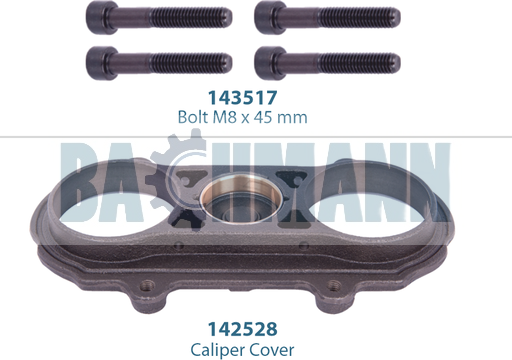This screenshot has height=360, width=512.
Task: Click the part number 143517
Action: [242, 98]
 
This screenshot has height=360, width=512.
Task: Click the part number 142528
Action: [242, 329]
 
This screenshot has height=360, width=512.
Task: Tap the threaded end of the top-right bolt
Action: [359, 17]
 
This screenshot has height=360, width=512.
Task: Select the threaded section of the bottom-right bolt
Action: [359, 63]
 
